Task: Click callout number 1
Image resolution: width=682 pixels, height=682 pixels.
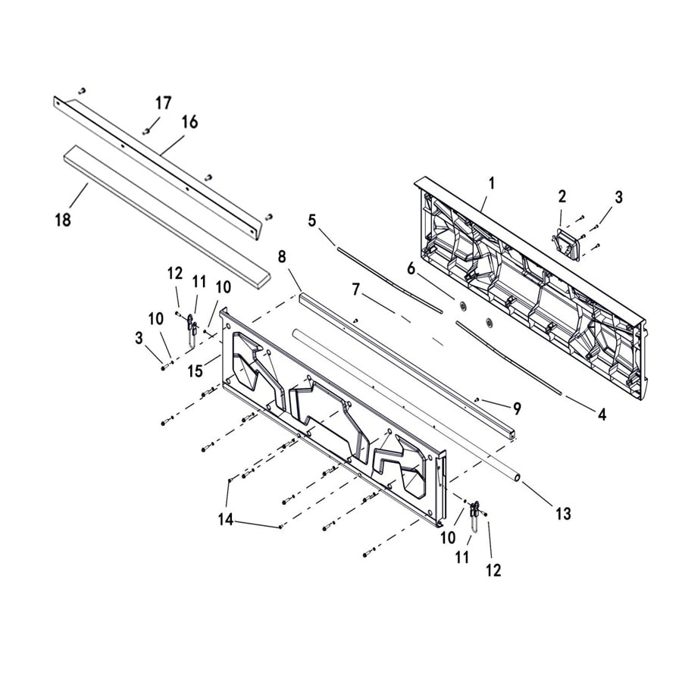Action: [491, 183]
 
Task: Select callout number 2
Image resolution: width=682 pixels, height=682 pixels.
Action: [562, 196]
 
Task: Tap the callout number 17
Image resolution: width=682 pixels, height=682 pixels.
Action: [164, 103]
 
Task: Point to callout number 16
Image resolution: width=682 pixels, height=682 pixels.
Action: [189, 122]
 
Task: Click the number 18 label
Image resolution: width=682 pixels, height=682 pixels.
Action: [63, 220]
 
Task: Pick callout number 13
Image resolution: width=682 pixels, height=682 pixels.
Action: [562, 514]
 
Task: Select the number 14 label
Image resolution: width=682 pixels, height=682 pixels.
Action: [225, 521]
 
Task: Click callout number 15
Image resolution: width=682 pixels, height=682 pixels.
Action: [195, 371]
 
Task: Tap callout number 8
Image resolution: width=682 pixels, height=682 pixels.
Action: [282, 257]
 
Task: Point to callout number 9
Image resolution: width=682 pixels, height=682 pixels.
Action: [517, 408]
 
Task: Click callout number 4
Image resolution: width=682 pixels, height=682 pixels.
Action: [602, 415]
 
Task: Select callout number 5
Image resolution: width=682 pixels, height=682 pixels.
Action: [311, 221]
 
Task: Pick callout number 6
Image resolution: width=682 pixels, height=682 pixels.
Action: [411, 268]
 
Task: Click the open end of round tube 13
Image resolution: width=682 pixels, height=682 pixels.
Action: [515, 478]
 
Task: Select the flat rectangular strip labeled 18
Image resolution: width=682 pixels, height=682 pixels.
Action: [167, 212]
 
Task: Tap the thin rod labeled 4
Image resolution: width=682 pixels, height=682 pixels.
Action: [508, 356]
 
